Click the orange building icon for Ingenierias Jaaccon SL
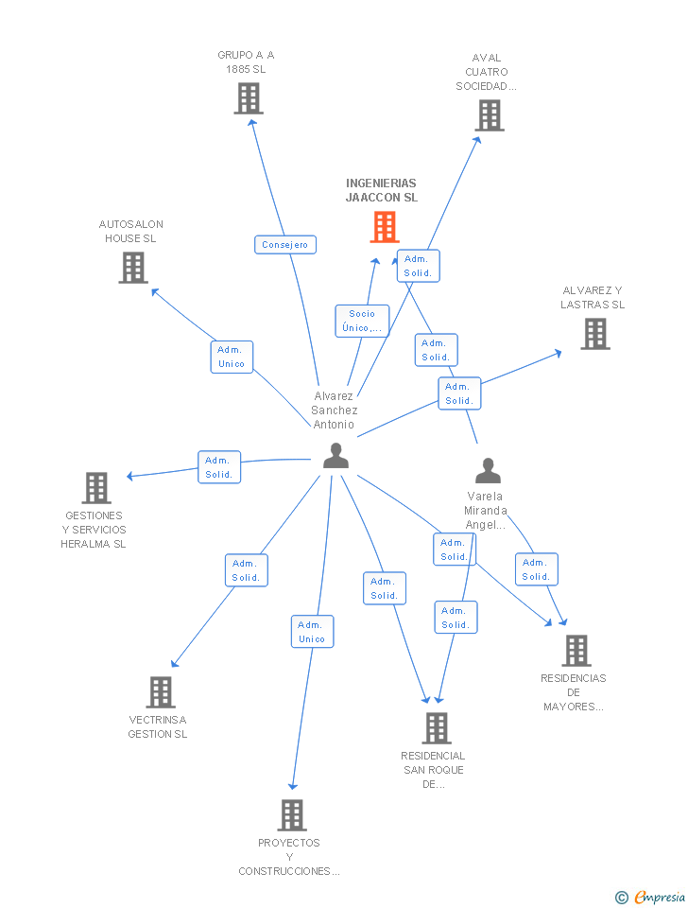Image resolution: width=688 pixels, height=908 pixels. point(384,227)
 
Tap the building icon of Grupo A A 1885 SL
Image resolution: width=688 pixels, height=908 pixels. point(248,98)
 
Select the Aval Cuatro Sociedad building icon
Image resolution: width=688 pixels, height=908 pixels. point(489,115)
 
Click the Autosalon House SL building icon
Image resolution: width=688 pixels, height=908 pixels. point(133,268)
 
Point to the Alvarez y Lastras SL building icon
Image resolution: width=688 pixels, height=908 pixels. point(594,334)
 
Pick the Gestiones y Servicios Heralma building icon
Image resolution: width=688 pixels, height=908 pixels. point(96,488)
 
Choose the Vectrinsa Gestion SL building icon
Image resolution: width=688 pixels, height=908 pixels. point(160,692)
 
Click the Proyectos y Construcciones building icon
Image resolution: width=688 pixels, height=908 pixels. point(292,815)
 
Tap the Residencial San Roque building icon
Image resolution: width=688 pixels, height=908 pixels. point(436,728)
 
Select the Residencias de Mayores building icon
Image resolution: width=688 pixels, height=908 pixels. point(576,651)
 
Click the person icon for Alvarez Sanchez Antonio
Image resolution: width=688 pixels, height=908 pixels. point(335,456)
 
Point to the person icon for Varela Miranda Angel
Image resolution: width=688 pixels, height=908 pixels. point(488,471)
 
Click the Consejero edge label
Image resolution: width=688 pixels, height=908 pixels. point(285,245)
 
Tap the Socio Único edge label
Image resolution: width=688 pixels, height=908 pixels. point(362,322)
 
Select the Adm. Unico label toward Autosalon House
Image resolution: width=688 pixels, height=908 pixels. point(231,357)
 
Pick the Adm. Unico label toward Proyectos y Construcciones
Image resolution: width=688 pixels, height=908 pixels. point(312,632)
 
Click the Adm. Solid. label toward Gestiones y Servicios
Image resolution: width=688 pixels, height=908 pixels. point(219,467)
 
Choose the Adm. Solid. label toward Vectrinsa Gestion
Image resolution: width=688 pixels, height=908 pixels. point(246,570)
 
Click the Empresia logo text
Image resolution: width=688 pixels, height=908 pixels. point(659,897)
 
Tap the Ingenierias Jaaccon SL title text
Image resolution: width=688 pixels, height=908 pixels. point(382,190)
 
